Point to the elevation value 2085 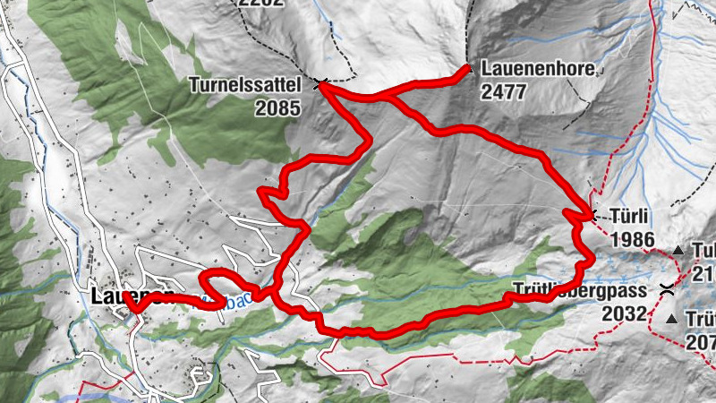pos(276,107)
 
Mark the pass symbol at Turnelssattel pos(320,85)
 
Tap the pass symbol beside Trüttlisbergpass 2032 pos(667,288)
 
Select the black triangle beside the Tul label pos(678,251)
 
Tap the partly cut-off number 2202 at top pos(260,4)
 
